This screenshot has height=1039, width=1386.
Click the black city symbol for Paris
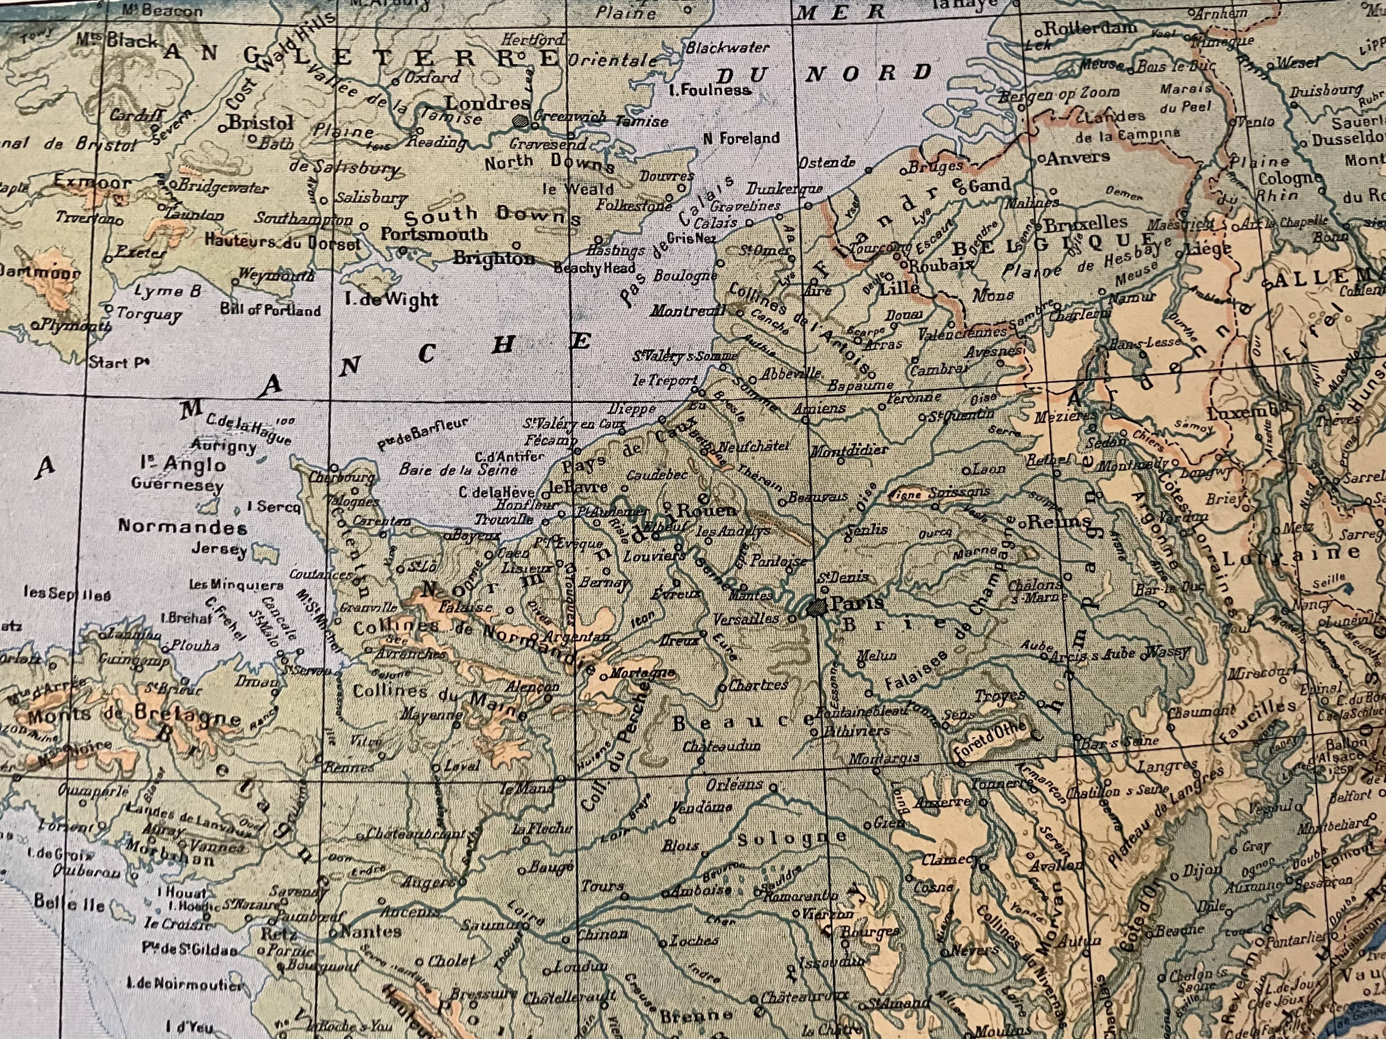(816, 606)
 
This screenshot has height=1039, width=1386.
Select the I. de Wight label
(391, 299)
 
